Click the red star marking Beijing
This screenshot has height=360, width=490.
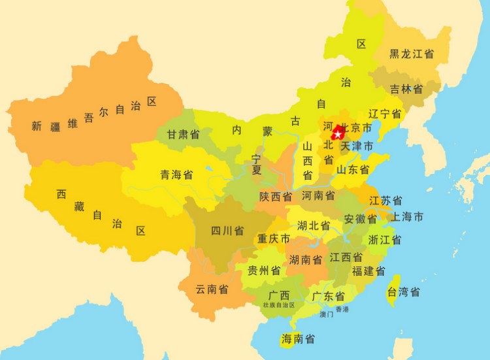pyautogui.click(x=337, y=135)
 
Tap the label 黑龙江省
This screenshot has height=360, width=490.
pyautogui.click(x=412, y=54)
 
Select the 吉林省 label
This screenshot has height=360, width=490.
pyautogui.click(x=406, y=89)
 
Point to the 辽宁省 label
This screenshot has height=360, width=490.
pyautogui.click(x=385, y=113)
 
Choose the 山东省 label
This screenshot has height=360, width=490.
pyautogui.click(x=353, y=169)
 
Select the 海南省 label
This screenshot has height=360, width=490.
pyautogui.click(x=299, y=339)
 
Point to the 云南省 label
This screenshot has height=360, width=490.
pyautogui.click(x=212, y=289)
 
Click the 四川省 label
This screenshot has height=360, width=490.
pyautogui.click(x=227, y=231)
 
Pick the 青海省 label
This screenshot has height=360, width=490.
pyautogui.click(x=176, y=174)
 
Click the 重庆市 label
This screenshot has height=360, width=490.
pyautogui.click(x=273, y=239)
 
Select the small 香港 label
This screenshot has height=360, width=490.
pyautogui.click(x=342, y=309)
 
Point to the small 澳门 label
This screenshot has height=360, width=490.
pyautogui.click(x=327, y=314)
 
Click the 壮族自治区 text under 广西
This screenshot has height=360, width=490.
pyautogui.click(x=279, y=305)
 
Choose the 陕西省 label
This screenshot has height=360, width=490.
pyautogui.click(x=275, y=196)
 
